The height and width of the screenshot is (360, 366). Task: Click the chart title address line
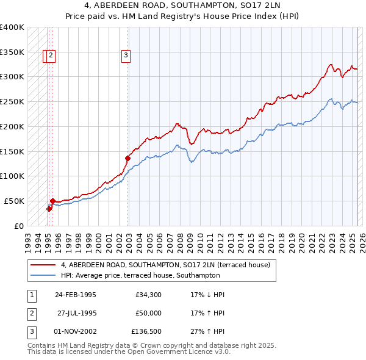[x=183, y=7]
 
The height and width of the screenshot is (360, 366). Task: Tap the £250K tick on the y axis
[x=12, y=101]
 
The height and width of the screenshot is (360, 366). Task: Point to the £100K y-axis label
[x=12, y=176]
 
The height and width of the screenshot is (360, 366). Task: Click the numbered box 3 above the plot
[x=126, y=56]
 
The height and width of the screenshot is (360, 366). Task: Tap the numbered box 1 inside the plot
[x=46, y=56]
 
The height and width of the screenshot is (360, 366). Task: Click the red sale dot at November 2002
[x=127, y=158]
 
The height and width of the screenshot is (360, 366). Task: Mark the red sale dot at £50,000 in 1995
[x=53, y=201]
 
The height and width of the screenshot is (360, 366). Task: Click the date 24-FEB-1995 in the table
[x=76, y=295]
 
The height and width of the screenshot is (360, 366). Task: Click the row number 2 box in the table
[x=30, y=313]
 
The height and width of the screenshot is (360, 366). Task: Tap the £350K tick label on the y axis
[x=12, y=52]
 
